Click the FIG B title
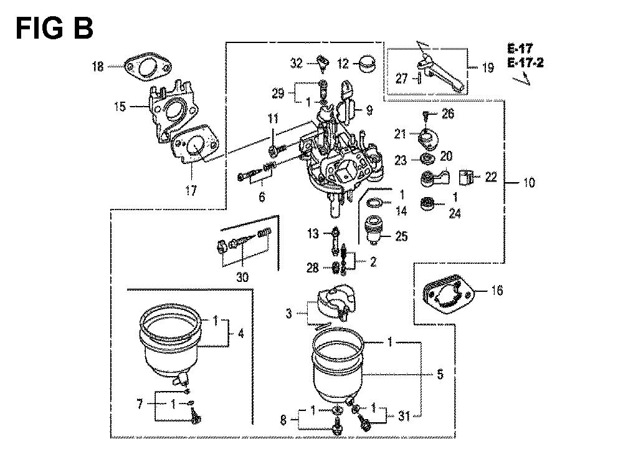[54, 29]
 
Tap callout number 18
[98, 66]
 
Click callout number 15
[120, 107]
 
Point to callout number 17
[191, 190]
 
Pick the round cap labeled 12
[367, 64]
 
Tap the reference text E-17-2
[525, 63]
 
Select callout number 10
[529, 183]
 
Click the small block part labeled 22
[465, 177]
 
